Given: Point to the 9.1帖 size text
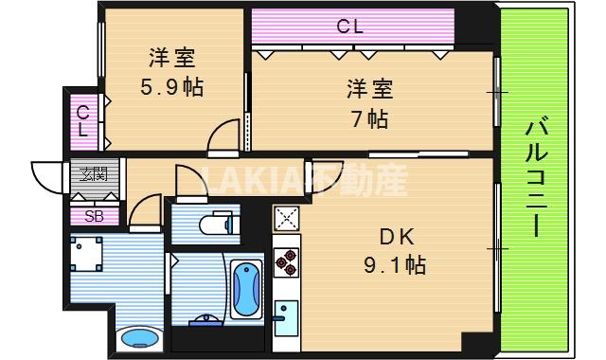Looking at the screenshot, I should (x=396, y=266).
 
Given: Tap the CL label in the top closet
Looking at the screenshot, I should (x=350, y=27).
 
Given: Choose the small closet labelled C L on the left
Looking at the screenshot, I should (x=82, y=120).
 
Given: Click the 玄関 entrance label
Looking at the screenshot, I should (x=93, y=174).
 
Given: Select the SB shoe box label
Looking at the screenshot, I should (x=95, y=216).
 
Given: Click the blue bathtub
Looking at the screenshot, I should (x=246, y=287).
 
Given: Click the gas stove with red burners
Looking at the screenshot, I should (x=286, y=260).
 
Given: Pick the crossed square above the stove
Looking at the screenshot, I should (x=286, y=219).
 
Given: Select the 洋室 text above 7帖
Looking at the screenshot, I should (x=367, y=91).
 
